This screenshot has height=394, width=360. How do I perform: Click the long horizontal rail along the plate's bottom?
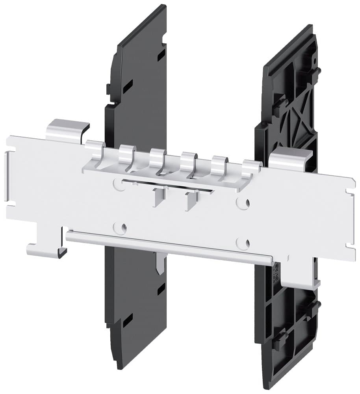pyautogui.click(x=169, y=247)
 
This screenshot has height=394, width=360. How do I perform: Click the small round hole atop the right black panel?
pyautogui.click(x=315, y=61)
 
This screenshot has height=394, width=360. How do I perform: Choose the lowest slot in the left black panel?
pyautogui.click(x=127, y=322)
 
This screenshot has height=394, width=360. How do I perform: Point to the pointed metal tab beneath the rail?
pyautogui.click(x=160, y=264)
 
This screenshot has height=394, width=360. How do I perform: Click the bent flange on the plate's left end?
pyautogui.click(x=7, y=177)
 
